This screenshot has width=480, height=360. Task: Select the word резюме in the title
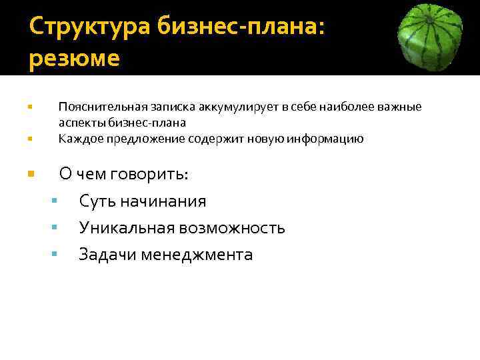tap(75, 59)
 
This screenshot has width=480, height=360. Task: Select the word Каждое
tap(77, 139)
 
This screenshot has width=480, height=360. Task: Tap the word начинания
tap(163, 201)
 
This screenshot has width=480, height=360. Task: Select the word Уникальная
tap(125, 228)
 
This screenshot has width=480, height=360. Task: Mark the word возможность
tap(231, 228)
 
